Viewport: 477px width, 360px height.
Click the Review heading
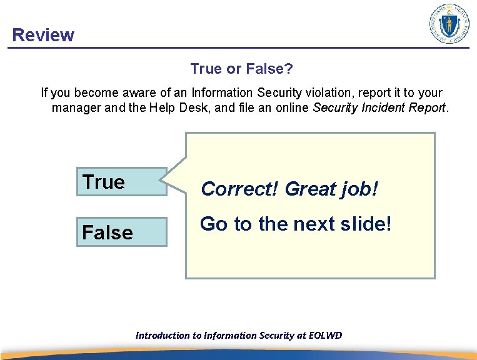[43, 35]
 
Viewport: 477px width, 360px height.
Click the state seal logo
[449, 24]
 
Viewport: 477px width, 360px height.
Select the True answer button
[121, 182]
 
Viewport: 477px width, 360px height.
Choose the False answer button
[121, 232]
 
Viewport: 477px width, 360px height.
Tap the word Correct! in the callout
[241, 189]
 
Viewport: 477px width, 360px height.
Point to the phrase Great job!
[331, 189]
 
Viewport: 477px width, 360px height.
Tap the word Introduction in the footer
[163, 336]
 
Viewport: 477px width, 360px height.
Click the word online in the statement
[292, 107]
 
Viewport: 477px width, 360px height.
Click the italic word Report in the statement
[426, 107]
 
